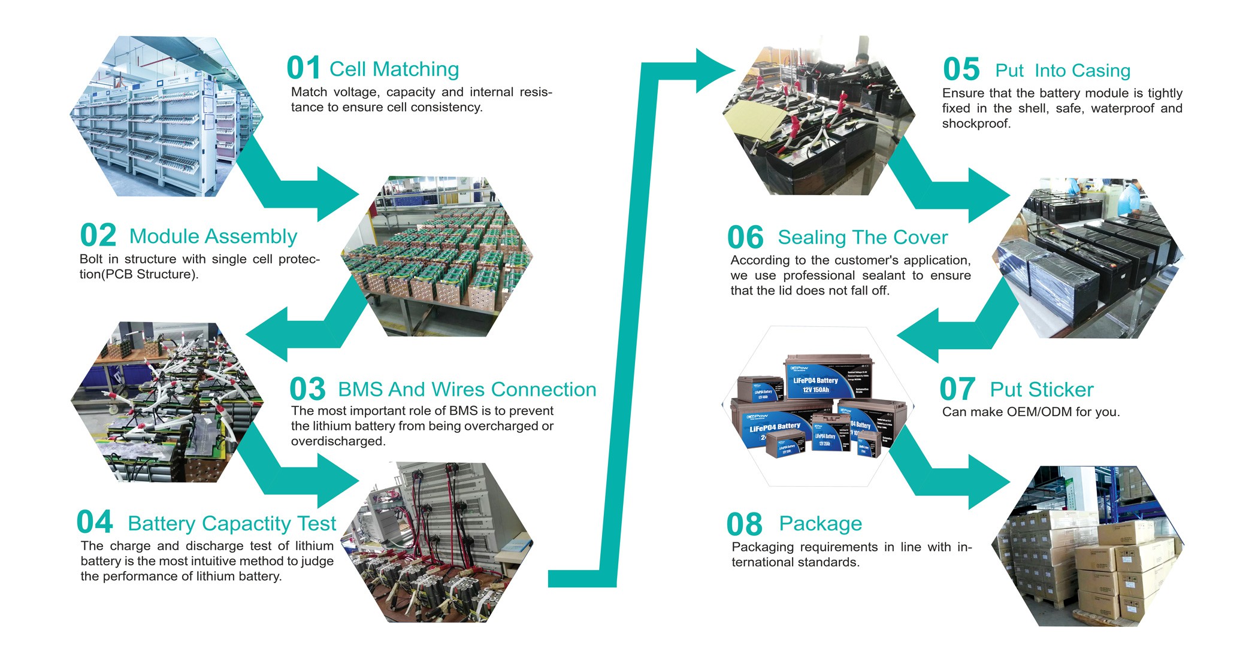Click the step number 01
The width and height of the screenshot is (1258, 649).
point(303,68)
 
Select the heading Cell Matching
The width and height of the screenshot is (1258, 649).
point(394,69)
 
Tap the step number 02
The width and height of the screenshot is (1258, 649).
point(98,235)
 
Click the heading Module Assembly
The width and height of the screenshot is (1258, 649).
point(213,236)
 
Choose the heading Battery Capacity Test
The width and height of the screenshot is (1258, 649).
point(232,524)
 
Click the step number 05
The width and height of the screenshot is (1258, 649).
point(961,70)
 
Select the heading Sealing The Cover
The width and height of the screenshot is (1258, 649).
point(863,238)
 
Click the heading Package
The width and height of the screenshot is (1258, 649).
point(820,524)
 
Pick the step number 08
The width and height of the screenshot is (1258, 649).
point(744,525)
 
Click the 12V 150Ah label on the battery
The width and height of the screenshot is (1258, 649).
point(816,390)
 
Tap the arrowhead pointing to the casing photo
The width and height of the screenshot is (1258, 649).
point(716,71)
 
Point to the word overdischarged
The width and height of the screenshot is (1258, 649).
point(337,441)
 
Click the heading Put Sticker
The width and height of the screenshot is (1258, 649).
point(1041,390)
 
